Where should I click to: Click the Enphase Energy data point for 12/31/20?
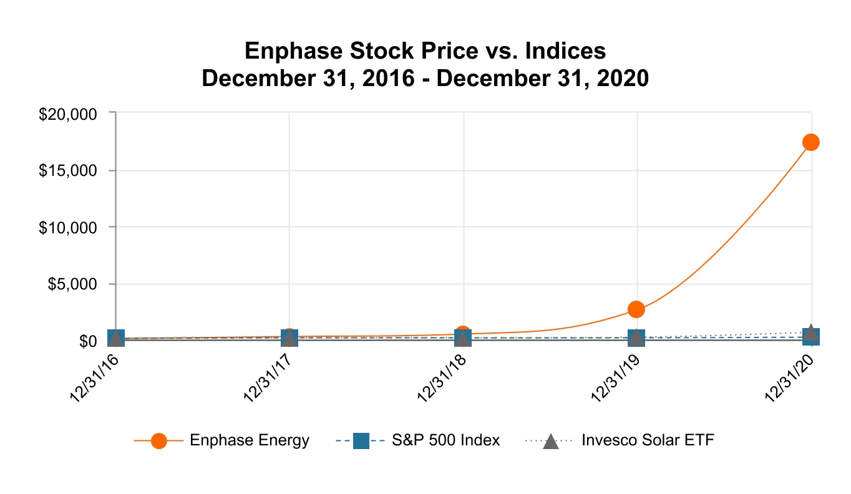pos(810,142)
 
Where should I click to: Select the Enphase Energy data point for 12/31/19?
pos(636,309)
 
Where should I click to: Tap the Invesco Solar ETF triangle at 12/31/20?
pos(810,331)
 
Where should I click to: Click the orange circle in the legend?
pos(159,440)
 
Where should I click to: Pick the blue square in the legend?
pos(361,440)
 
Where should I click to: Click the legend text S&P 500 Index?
pos(445,440)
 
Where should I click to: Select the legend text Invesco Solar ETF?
pos(648,440)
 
